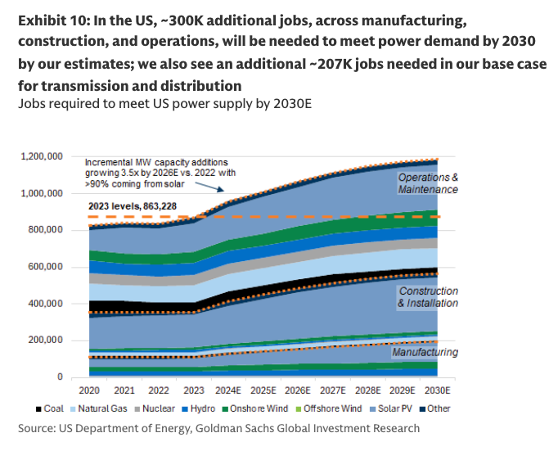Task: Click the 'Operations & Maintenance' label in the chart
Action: click(427, 183)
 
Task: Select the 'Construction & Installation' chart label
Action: click(428, 297)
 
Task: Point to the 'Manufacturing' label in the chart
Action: click(425, 352)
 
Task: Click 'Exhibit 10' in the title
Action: click(52, 20)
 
